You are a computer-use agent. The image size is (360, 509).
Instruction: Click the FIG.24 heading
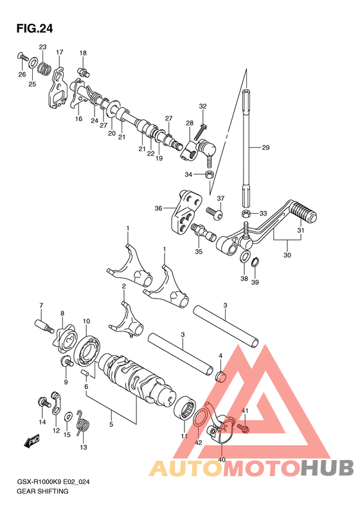[x=34, y=29]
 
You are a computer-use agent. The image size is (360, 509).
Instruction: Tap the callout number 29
[x=265, y=148]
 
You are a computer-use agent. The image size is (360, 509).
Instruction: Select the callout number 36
[x=158, y=208]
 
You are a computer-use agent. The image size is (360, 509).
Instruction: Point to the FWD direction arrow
[x=31, y=441]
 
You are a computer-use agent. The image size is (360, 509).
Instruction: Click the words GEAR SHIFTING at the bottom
[x=42, y=491]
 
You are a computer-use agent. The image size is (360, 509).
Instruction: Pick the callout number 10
[x=86, y=321]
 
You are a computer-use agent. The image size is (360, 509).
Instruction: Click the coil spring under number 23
[x=45, y=68]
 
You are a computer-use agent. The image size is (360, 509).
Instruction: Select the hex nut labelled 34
[x=210, y=174]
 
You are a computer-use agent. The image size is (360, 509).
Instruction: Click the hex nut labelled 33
[x=246, y=214]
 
